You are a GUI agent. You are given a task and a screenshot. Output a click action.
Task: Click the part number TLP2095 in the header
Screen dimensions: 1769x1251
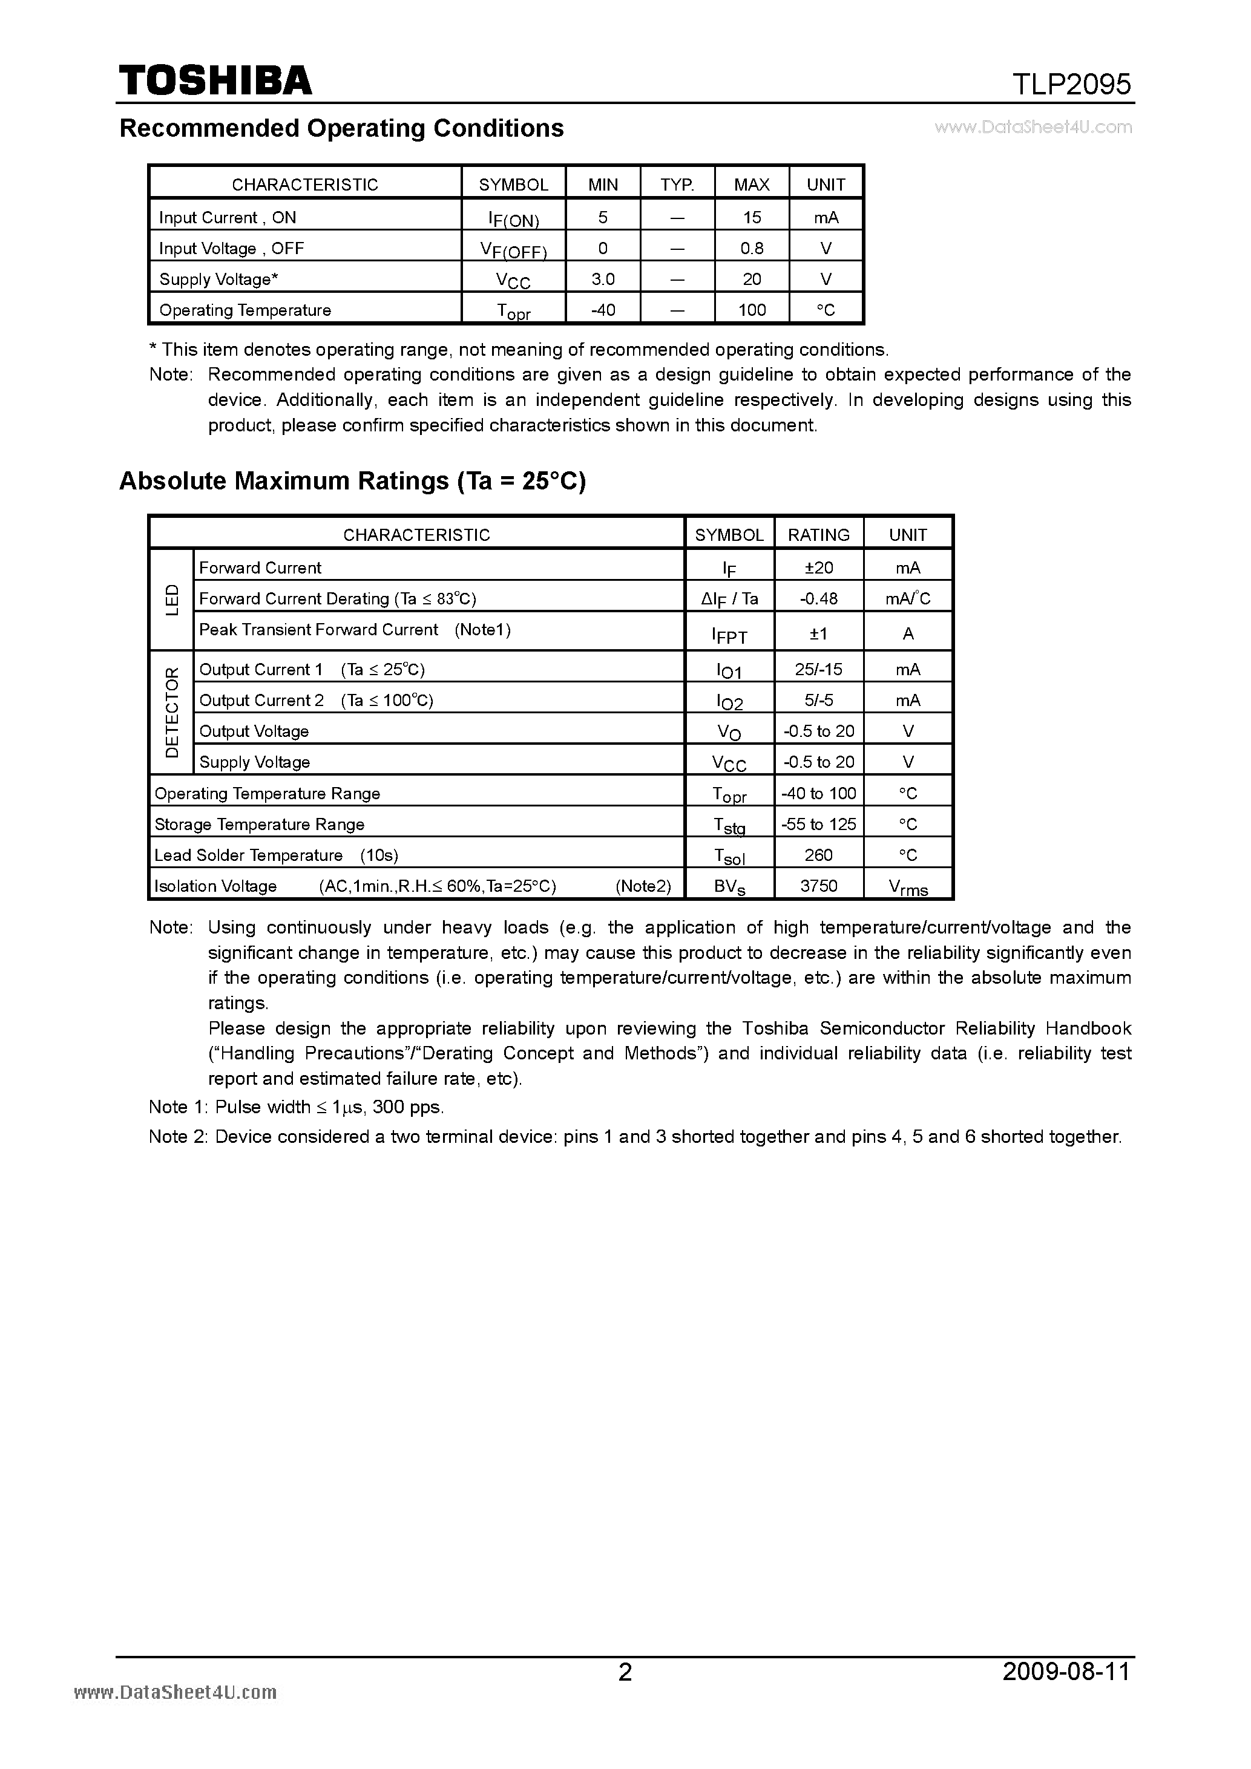[x=1071, y=84]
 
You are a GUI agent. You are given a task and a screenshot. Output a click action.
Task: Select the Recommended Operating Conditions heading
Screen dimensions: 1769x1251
[x=341, y=128]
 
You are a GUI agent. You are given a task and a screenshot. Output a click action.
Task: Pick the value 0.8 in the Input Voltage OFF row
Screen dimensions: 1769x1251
[x=752, y=248]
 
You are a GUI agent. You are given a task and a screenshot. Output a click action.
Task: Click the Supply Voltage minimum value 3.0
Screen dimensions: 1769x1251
[x=603, y=279]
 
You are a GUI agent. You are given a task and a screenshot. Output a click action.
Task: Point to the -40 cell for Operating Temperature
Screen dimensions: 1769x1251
[x=603, y=310]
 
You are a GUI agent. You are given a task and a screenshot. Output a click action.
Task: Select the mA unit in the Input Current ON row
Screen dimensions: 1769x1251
[x=826, y=217]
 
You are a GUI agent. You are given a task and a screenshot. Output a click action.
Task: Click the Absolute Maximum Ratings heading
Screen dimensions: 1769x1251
[x=352, y=481]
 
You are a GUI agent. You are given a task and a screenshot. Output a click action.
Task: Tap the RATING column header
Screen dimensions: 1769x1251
[x=819, y=535]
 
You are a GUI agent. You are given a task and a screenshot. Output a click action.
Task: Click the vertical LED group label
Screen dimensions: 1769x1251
[x=172, y=600]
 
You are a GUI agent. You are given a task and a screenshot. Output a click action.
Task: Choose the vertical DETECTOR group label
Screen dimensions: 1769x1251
[x=172, y=713]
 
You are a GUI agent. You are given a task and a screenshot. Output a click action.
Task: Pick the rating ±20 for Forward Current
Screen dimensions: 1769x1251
[x=819, y=568]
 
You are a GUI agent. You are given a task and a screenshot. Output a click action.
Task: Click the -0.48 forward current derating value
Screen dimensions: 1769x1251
[x=819, y=599]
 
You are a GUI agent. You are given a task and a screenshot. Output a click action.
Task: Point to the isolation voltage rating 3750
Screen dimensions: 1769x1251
[x=819, y=886]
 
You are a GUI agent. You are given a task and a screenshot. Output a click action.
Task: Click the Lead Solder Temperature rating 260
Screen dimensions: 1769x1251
[x=819, y=855]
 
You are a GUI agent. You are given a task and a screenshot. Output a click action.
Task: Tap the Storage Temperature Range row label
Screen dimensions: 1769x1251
[x=259, y=825]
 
